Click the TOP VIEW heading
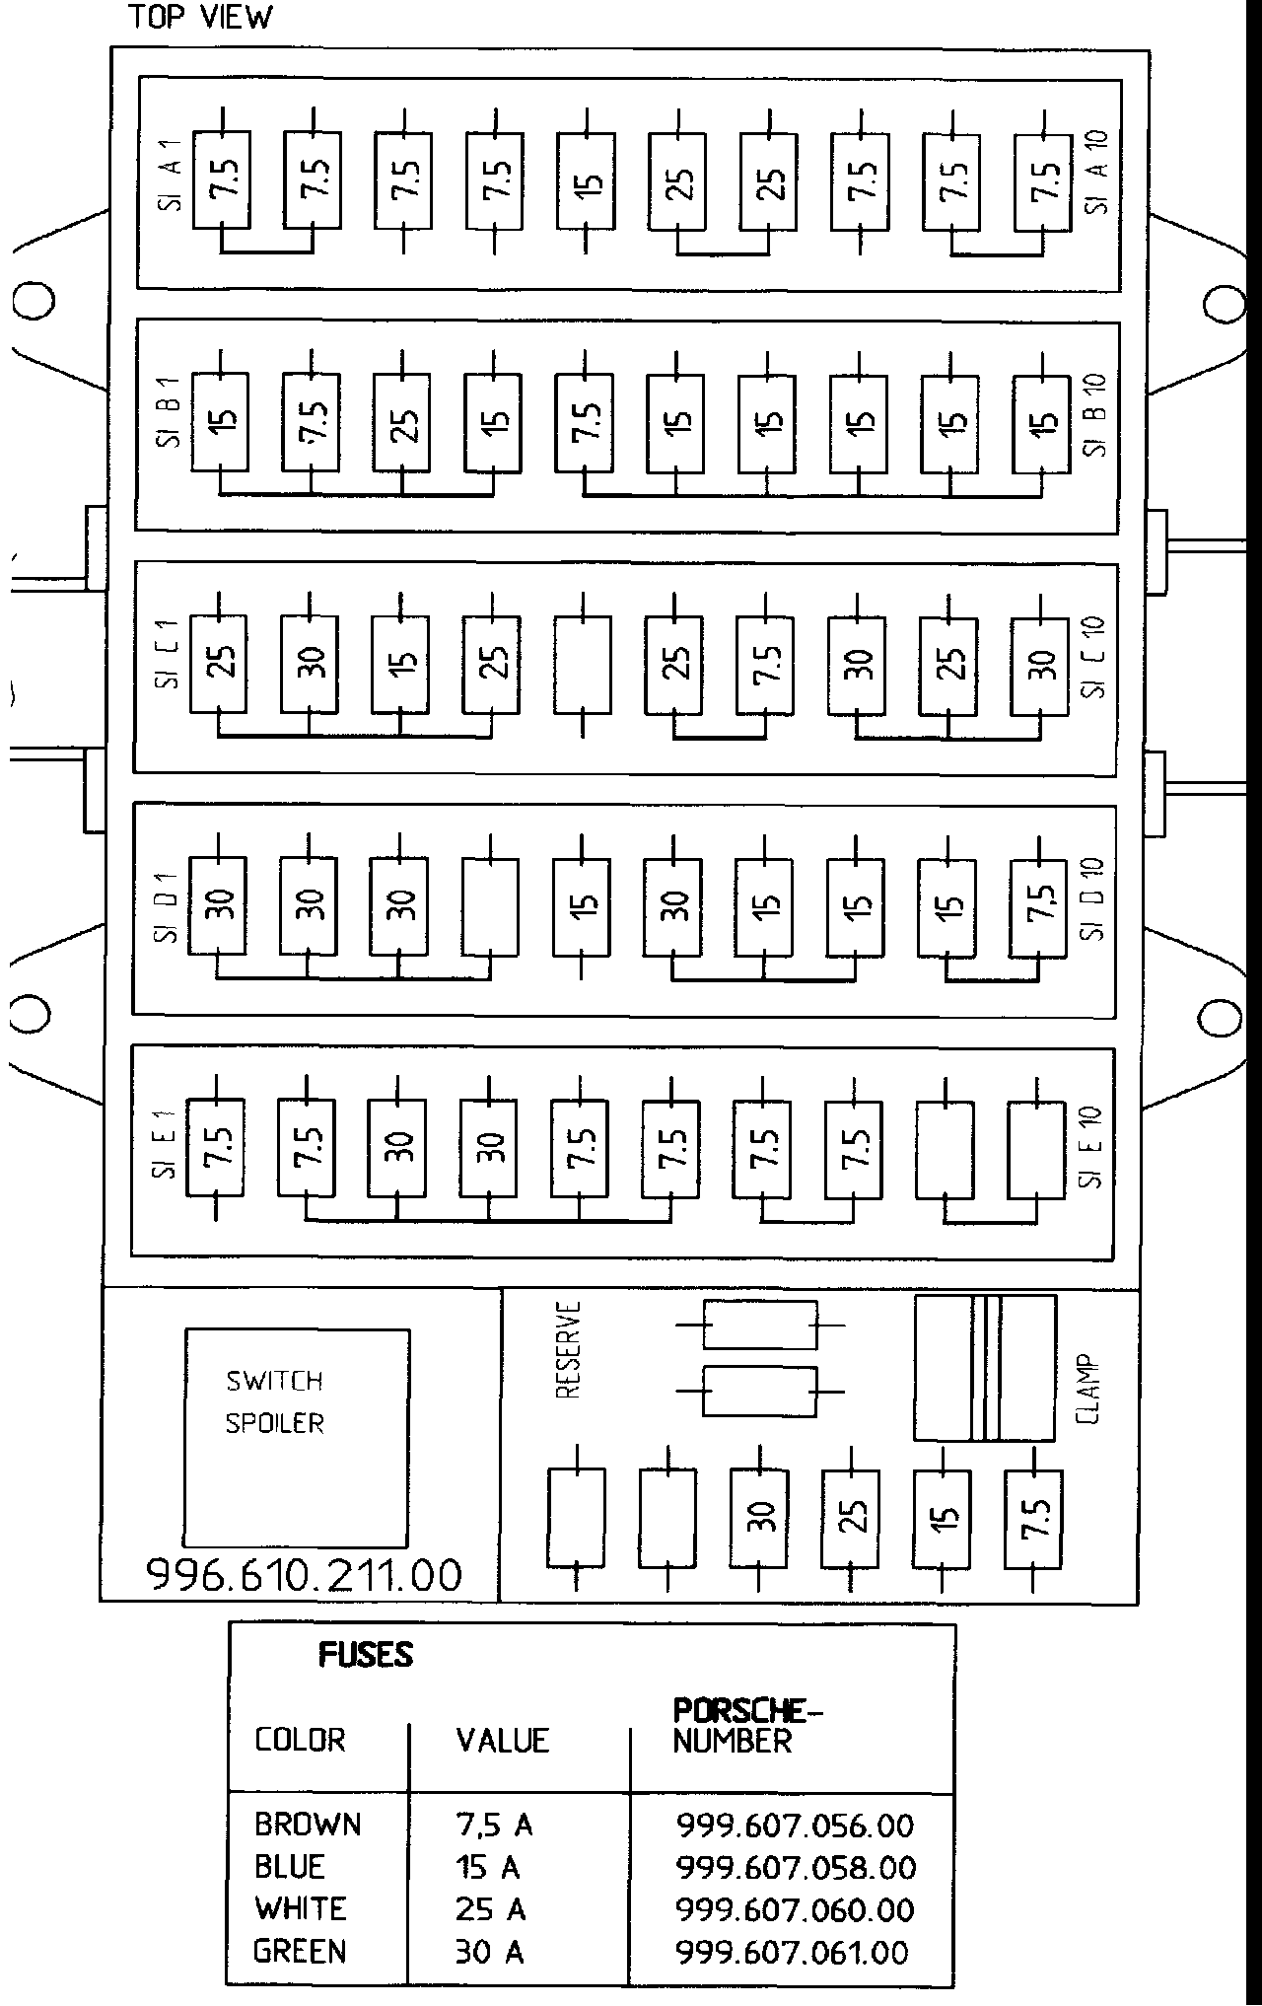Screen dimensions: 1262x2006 tap(200, 18)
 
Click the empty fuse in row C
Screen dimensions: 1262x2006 tap(583, 665)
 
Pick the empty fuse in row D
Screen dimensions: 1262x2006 tap(490, 906)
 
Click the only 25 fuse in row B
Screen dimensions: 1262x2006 tap(401, 422)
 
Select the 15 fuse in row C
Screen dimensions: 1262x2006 tap(400, 665)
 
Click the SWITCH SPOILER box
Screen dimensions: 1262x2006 tap(297, 1438)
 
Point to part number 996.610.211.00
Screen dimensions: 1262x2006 tap(304, 1575)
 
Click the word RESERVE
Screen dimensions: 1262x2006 tap(568, 1349)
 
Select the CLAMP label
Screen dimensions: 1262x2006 tap(1089, 1388)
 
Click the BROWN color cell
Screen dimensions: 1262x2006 tap(308, 1825)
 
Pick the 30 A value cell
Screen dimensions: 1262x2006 tap(489, 1952)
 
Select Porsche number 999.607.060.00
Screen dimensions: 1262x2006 tap(795, 1910)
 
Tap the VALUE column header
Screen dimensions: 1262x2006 tap(502, 1740)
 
